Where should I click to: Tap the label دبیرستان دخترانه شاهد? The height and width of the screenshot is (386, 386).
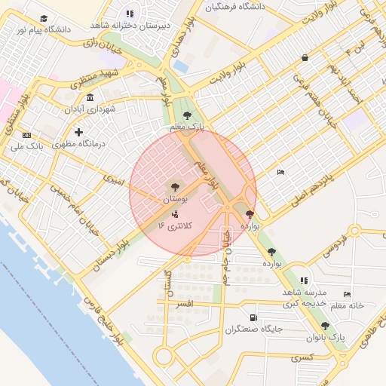(141, 25)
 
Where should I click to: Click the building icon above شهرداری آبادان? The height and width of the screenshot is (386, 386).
(90, 97)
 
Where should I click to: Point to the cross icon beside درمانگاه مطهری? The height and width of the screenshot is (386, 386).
(78, 132)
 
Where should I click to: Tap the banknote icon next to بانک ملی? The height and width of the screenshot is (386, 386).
(27, 136)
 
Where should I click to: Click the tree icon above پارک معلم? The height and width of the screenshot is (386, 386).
(187, 115)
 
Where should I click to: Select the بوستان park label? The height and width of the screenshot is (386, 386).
(175, 199)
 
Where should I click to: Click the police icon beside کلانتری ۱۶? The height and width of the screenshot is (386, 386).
(175, 214)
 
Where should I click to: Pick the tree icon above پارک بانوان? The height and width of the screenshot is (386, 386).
(325, 326)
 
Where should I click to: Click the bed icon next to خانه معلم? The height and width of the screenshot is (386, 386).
(347, 294)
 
